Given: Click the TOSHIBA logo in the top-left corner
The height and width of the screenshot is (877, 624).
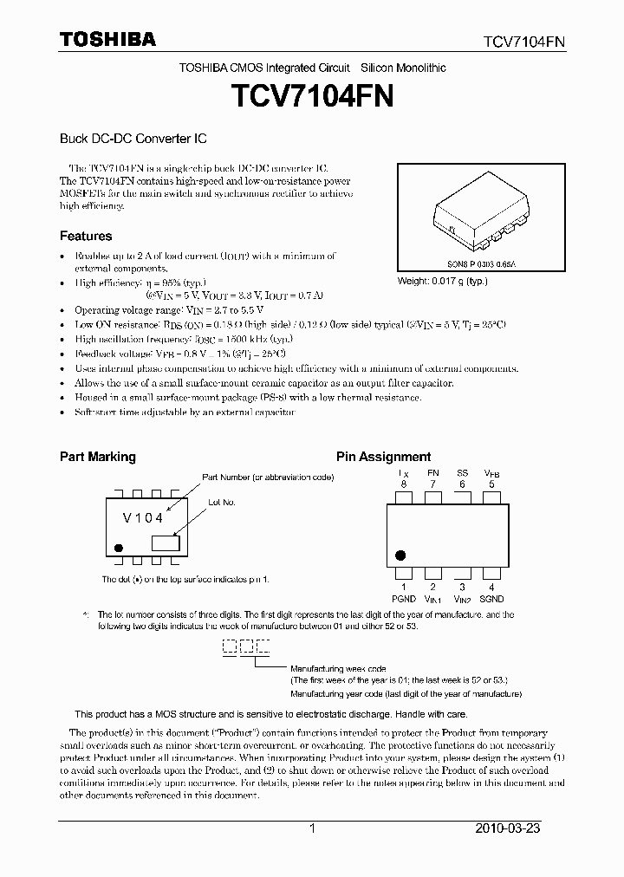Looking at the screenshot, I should click(x=107, y=39).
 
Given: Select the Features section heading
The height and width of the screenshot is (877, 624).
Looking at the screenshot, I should click(x=85, y=236).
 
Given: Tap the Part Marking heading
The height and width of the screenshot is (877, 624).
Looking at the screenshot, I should click(x=97, y=457).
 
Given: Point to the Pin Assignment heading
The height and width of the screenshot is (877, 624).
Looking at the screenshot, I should click(x=383, y=457).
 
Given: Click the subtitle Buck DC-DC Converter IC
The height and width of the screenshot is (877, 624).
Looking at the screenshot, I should click(x=133, y=138).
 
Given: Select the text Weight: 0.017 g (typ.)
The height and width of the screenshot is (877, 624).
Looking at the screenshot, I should click(x=442, y=281).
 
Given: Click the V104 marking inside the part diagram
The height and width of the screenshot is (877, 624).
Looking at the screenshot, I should click(x=143, y=518).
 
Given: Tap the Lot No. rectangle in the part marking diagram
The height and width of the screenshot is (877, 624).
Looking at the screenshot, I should click(x=165, y=543).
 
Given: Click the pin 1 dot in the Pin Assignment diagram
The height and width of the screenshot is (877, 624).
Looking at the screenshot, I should click(x=400, y=555).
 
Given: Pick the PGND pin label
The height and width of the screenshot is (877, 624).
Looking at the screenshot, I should click(x=404, y=599).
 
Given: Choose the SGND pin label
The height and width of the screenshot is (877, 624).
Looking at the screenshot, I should click(x=491, y=599).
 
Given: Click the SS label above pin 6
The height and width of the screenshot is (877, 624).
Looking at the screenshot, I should click(x=463, y=473).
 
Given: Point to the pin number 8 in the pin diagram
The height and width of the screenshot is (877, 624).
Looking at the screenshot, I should click(x=404, y=484).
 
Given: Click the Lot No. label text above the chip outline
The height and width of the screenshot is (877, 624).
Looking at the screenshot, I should click(x=221, y=502).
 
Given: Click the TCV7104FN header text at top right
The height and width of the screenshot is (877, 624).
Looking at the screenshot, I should click(x=525, y=41).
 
